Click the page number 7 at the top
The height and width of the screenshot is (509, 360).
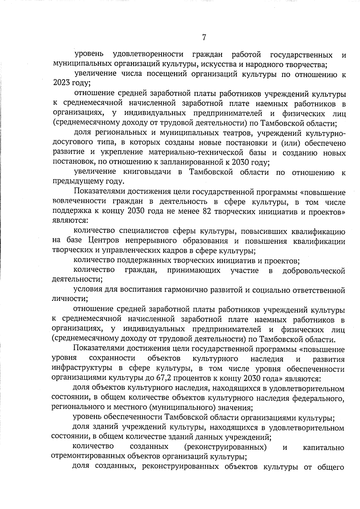click(x=204, y=37)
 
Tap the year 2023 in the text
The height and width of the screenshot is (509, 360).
click(x=61, y=83)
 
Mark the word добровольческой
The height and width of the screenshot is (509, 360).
click(x=313, y=271)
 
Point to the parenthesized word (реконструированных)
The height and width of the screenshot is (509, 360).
click(x=225, y=448)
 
